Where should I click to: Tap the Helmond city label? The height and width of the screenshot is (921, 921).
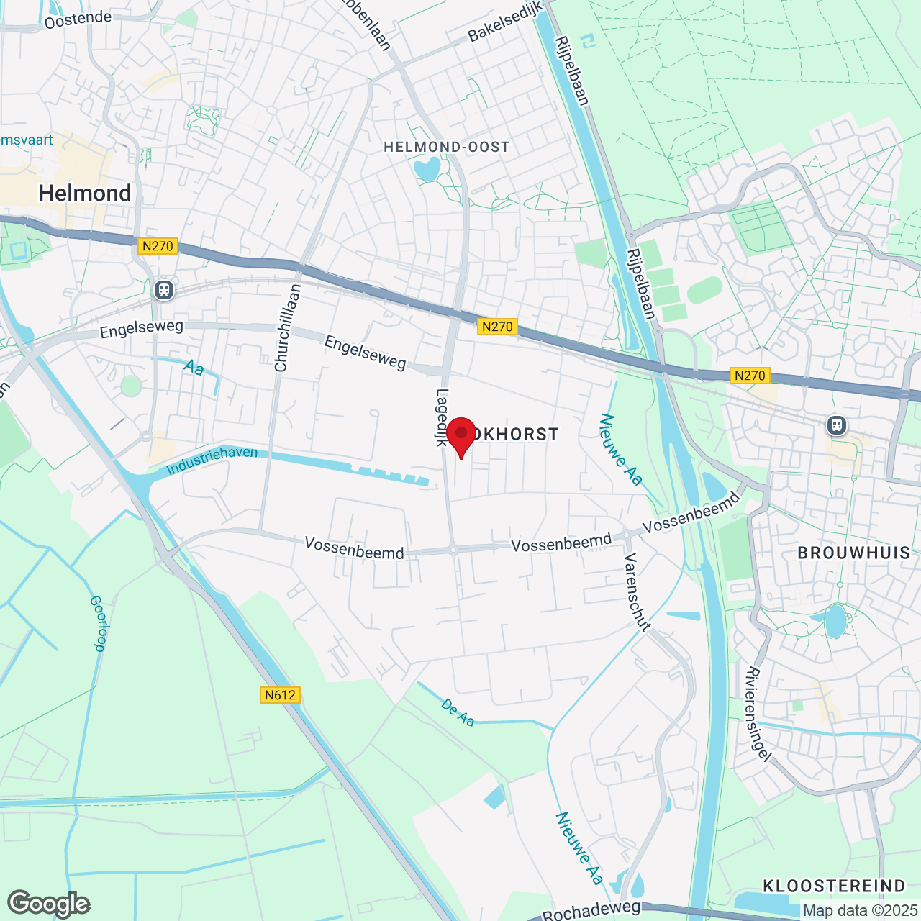(x=85, y=193)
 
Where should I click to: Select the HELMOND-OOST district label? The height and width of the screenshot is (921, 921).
(x=447, y=147)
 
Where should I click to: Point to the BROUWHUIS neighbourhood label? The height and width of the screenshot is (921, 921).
(x=854, y=553)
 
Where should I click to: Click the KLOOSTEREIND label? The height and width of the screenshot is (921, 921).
(x=834, y=886)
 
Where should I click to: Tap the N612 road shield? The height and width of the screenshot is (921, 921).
(x=280, y=694)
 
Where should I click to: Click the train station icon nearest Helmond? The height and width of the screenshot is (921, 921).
(x=164, y=290)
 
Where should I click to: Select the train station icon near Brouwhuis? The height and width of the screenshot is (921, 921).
(x=837, y=425)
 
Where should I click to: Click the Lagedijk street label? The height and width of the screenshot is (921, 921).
(x=442, y=417)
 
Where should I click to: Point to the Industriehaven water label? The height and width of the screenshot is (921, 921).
(x=212, y=460)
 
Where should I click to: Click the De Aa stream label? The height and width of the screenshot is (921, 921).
(x=458, y=713)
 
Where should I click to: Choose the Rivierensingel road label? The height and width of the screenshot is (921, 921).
(x=758, y=714)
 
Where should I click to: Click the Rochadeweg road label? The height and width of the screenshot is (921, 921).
(x=591, y=910)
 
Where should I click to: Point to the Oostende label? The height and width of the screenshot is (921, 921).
(x=78, y=19)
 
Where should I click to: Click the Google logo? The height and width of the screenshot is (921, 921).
(x=48, y=904)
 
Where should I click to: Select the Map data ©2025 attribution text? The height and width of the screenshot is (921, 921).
(x=861, y=911)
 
